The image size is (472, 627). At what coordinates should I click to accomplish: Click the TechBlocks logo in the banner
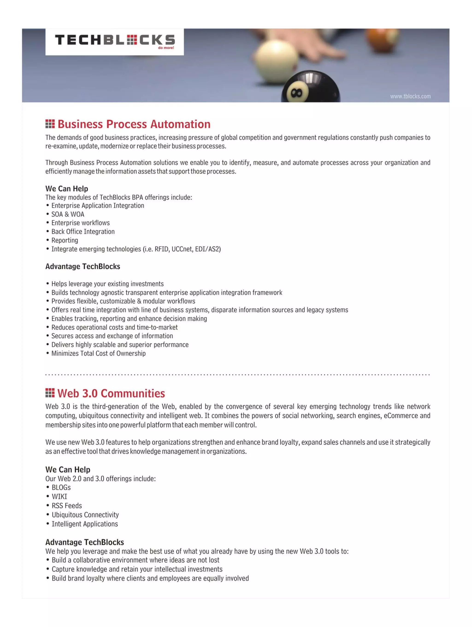[115, 40]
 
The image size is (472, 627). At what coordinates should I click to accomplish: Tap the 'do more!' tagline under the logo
[166, 48]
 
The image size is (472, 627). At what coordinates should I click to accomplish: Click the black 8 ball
[310, 88]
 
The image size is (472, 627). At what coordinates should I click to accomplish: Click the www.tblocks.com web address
[410, 96]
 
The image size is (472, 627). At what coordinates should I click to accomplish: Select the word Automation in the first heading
[180, 124]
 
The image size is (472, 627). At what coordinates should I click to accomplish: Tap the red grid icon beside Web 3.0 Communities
[50, 393]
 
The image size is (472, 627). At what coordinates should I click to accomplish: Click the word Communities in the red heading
[133, 393]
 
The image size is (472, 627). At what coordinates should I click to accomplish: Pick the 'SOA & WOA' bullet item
[68, 214]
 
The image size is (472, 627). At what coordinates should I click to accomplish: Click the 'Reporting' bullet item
[65, 240]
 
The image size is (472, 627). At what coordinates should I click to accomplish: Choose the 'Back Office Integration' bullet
[83, 232]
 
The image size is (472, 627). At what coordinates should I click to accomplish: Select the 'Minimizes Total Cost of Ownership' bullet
[98, 353]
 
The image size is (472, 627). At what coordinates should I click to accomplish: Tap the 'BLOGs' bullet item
[61, 488]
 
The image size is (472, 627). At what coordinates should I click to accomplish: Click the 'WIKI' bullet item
[59, 497]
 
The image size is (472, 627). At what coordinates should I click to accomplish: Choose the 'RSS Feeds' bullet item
[67, 506]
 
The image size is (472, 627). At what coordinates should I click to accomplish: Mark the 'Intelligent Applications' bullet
[85, 524]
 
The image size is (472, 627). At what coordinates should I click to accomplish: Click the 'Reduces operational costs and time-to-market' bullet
[114, 327]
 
